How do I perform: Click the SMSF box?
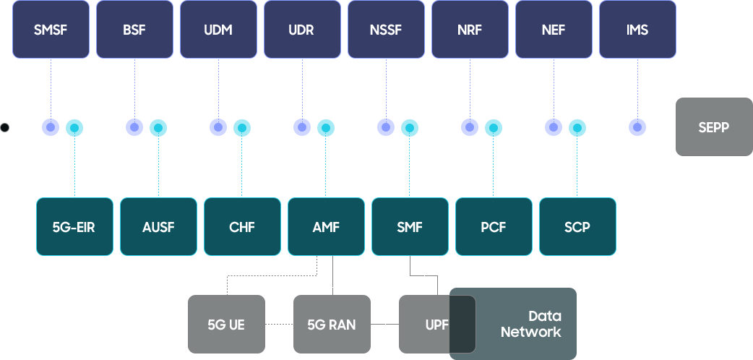51,30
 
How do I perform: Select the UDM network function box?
218,30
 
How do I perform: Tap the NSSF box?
386,30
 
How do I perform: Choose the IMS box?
637,30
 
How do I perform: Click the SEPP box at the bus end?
714,127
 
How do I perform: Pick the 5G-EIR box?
74,226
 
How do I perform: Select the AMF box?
326,226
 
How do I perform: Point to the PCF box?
494,226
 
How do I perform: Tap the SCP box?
577,226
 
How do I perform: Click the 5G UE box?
226,325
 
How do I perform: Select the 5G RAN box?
332,325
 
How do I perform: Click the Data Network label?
531,325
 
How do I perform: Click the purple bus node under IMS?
637,127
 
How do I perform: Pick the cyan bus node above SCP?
577,128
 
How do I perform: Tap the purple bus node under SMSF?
51,127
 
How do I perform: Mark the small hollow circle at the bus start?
4,128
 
